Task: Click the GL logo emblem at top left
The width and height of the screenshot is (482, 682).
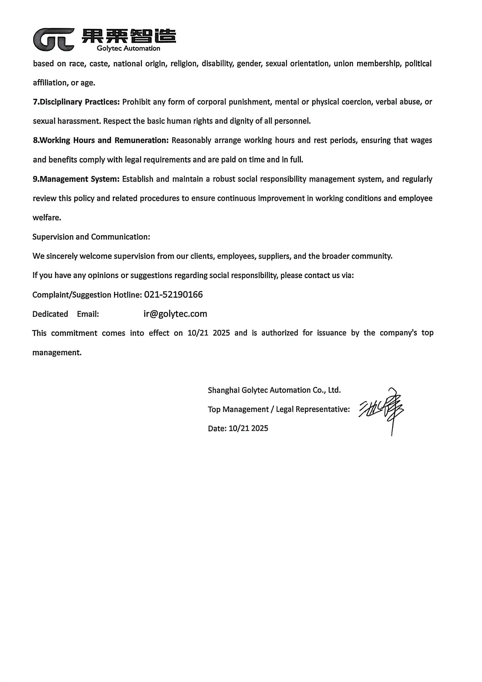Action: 53,39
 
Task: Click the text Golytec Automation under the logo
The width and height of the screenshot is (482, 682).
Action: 128,48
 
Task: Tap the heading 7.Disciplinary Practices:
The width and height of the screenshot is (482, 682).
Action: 76,102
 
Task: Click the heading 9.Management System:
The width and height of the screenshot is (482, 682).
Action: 76,179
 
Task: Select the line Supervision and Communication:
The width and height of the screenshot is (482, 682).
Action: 91,237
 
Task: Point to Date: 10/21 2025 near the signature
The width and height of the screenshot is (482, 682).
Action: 238,428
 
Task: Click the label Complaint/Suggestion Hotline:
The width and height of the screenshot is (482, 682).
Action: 87,295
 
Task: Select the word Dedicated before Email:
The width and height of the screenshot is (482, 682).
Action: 50,314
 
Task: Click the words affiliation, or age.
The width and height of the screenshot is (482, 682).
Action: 64,83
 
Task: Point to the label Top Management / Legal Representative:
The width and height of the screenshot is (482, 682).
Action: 279,409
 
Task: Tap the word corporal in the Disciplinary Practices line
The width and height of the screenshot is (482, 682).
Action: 212,102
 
